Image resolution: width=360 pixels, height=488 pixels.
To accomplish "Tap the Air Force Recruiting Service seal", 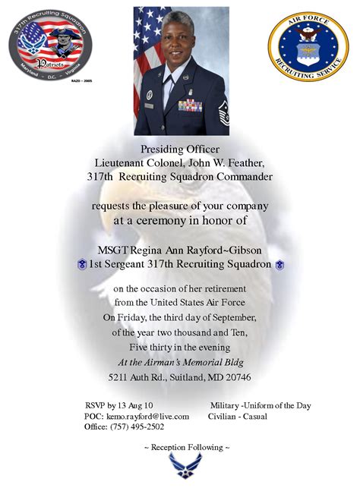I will (308, 46).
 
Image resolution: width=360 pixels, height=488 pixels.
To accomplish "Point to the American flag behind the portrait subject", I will (147, 46).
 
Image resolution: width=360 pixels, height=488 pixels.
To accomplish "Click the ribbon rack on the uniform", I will (189, 105).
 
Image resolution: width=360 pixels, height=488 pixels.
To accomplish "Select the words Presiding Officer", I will (179, 149).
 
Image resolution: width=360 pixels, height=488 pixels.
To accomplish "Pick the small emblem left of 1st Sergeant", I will (81, 265).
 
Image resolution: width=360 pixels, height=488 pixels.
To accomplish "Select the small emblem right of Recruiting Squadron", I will (279, 265).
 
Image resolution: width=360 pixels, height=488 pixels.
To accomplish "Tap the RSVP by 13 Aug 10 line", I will (119, 405).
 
